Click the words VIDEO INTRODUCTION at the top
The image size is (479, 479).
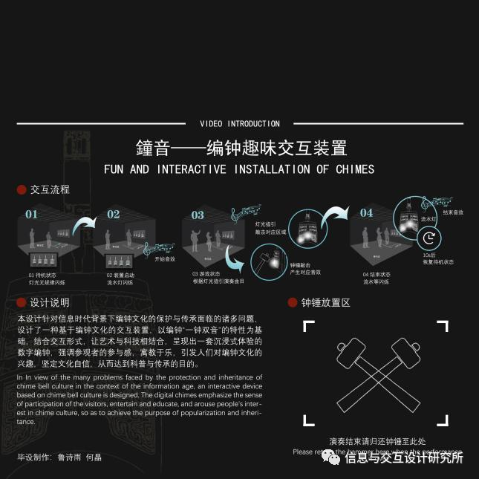(240, 124)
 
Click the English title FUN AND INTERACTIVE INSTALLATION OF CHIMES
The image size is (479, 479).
(239, 169)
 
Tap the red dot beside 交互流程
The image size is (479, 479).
(22, 190)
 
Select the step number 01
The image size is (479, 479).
(31, 215)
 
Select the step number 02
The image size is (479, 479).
(113, 215)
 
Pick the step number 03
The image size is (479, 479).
(198, 215)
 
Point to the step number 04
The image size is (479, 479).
(367, 213)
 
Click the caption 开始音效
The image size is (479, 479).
(164, 259)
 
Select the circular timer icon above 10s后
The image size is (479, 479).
(430, 238)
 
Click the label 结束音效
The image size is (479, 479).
(452, 212)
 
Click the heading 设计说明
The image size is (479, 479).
(50, 303)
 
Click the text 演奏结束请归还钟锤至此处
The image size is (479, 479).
(377, 441)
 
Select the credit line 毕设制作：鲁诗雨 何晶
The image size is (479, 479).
(59, 457)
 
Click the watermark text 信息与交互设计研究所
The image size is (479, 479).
(404, 458)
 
